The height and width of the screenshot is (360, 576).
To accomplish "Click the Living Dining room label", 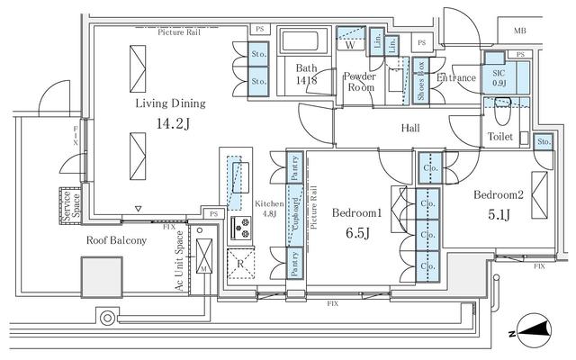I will [x=171, y=103].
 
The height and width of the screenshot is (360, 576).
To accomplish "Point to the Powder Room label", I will [x=360, y=83].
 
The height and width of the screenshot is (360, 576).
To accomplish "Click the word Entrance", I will [x=455, y=79].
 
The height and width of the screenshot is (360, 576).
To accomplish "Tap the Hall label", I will [x=410, y=129].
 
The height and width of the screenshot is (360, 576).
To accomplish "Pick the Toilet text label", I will [x=500, y=137].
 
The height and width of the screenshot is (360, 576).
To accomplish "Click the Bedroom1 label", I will [x=357, y=213].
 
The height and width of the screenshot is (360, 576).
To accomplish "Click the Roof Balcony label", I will [x=115, y=241].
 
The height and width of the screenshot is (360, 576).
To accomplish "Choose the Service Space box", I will [x=67, y=204].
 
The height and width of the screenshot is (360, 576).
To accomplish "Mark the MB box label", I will [x=520, y=32].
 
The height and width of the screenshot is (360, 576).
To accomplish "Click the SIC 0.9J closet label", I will [x=498, y=76].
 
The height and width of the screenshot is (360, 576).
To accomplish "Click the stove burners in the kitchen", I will [x=241, y=229].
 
